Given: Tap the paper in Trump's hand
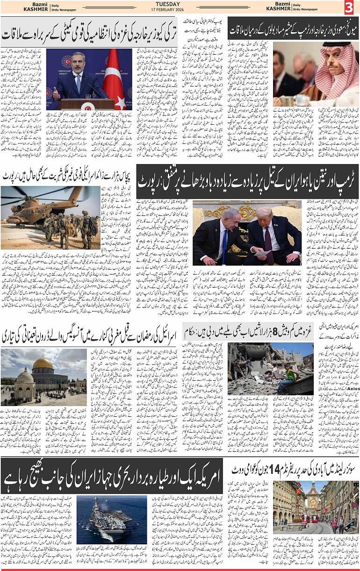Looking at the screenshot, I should click(262, 253).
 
